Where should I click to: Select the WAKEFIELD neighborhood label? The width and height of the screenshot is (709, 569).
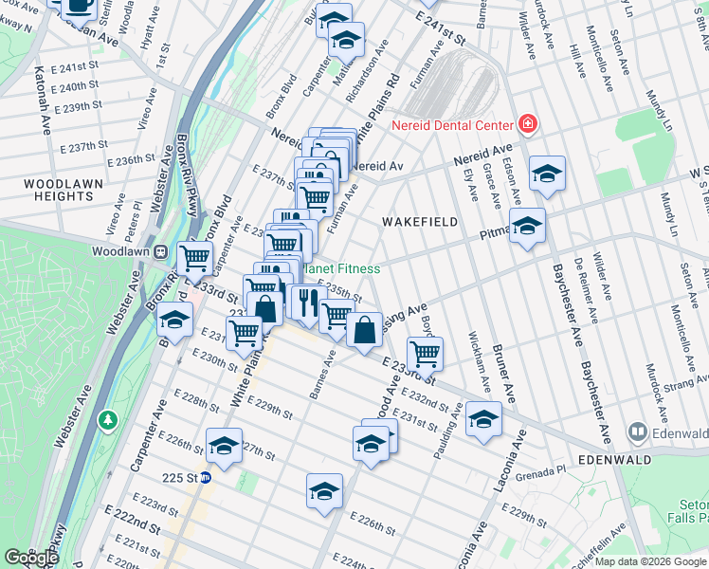click(419, 222)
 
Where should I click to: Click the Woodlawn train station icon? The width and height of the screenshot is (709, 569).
click(161, 252)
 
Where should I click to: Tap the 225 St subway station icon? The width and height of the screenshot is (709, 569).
click(205, 478)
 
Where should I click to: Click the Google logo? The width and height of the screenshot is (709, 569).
click(30, 558)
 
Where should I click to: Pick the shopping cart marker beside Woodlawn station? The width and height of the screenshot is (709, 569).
click(195, 256)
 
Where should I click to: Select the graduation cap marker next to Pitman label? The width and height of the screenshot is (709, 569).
click(527, 226)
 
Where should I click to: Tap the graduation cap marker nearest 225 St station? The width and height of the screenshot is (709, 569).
click(224, 446)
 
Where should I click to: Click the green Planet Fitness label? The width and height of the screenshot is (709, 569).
click(346, 269)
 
